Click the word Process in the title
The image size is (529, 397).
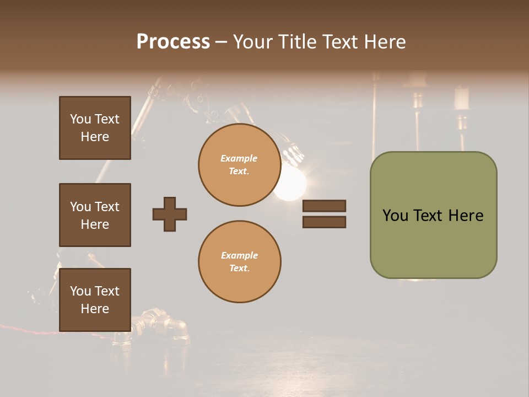(173, 42)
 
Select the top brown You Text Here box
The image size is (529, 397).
(95, 128)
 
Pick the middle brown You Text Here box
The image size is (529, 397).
(95, 215)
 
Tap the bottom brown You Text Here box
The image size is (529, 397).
(95, 300)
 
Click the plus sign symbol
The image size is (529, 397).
(170, 214)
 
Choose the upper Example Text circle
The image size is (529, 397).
(239, 165)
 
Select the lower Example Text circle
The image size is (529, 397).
(239, 262)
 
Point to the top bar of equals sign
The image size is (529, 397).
(324, 206)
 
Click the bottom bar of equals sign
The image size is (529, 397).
(324, 222)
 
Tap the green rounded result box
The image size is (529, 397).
(433, 215)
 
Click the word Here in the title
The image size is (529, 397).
(385, 42)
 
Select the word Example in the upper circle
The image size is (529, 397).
(239, 158)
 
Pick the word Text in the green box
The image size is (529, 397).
(428, 215)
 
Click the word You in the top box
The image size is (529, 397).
(80, 119)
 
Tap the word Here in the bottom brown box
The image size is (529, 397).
(95, 309)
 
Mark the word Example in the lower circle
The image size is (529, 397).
(239, 255)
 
